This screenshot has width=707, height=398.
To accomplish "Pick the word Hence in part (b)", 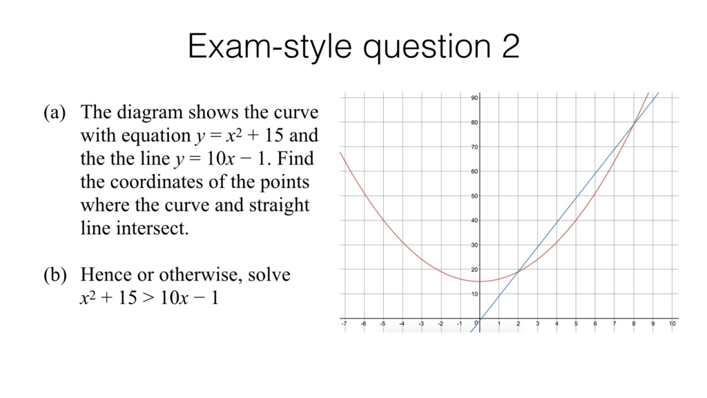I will (104, 275).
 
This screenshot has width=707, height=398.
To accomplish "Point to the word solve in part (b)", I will (269, 275).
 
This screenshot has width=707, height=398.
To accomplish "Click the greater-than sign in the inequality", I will (148, 299).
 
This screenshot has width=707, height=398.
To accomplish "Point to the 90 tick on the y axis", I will (474, 98).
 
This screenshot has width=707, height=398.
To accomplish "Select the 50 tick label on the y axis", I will (474, 196).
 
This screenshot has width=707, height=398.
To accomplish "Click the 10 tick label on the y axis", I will (474, 294).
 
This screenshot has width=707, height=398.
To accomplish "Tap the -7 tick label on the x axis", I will (343, 323).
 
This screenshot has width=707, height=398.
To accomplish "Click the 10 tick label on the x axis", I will (672, 323).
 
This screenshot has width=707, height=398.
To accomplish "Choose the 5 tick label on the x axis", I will (576, 323).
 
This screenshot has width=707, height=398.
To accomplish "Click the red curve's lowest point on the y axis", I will (479, 281).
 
